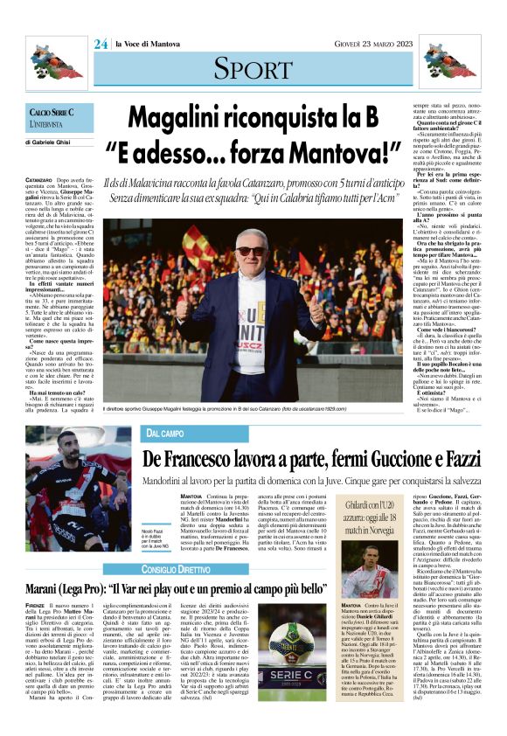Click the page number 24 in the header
coord(101,44)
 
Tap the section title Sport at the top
coord(253,67)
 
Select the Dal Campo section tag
coord(165,434)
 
